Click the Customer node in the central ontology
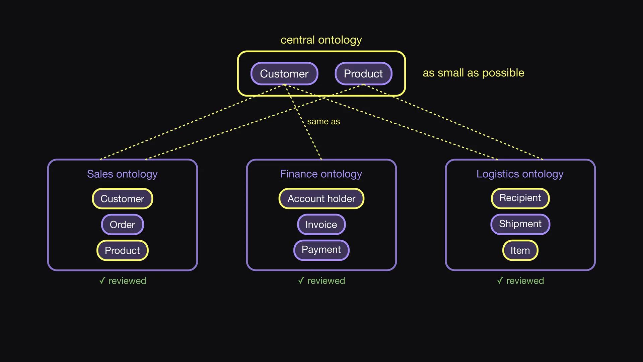coord(284,73)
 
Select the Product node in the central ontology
coord(363,73)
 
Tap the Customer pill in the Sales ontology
coord(123,198)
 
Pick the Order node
coord(123,224)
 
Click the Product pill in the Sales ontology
coord(123,250)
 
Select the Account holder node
coord(321,198)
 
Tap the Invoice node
coord(321,224)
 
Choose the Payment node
coord(321,250)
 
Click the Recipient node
coord(520,198)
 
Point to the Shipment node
coord(520,224)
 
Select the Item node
coord(520,250)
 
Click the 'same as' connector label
coord(324,121)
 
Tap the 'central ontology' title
coord(321,40)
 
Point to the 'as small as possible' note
coord(474,73)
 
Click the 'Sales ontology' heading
coord(122,174)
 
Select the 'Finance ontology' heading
coord(321,174)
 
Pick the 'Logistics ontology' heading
coord(520,174)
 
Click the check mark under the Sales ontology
coord(102,281)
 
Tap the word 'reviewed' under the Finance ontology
coord(326,281)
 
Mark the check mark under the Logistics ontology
coord(500,281)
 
